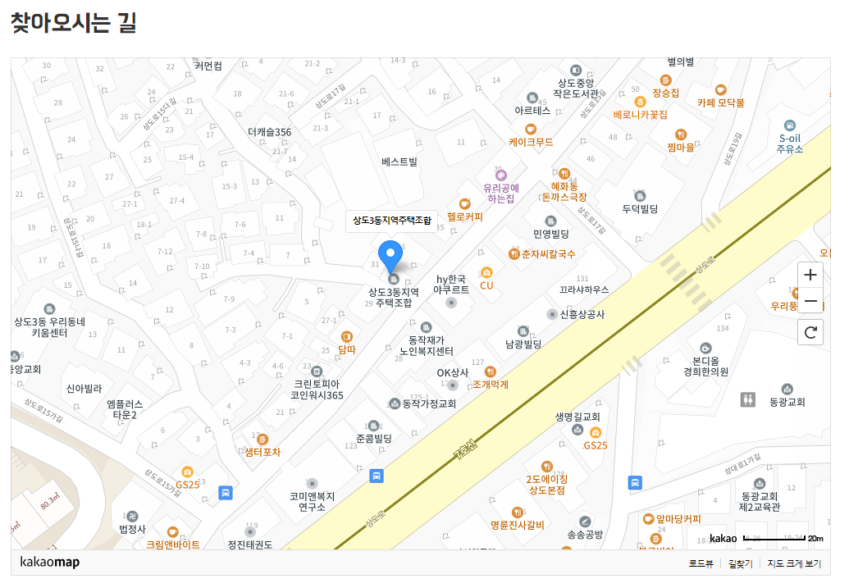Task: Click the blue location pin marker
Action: pyautogui.click(x=390, y=255)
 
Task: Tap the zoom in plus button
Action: pyautogui.click(x=810, y=275)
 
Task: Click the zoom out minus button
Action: pyautogui.click(x=810, y=301)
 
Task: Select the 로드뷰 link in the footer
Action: pyautogui.click(x=701, y=563)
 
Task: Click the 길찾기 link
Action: pyautogui.click(x=740, y=563)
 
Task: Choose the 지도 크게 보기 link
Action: pyautogui.click(x=794, y=563)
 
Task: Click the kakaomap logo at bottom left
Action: pyautogui.click(x=49, y=563)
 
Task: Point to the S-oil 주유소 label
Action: pyautogui.click(x=790, y=144)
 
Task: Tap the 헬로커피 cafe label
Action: pyautogui.click(x=465, y=217)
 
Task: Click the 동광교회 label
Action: pyautogui.click(x=787, y=402)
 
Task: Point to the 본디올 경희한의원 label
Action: pyautogui.click(x=705, y=366)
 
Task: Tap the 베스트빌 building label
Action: pyautogui.click(x=399, y=162)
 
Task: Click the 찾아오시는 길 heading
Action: pyautogui.click(x=73, y=23)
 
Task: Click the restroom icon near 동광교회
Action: pyautogui.click(x=747, y=399)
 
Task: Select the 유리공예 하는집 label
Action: pyautogui.click(x=501, y=193)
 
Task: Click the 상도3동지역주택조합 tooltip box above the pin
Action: pyautogui.click(x=391, y=220)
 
